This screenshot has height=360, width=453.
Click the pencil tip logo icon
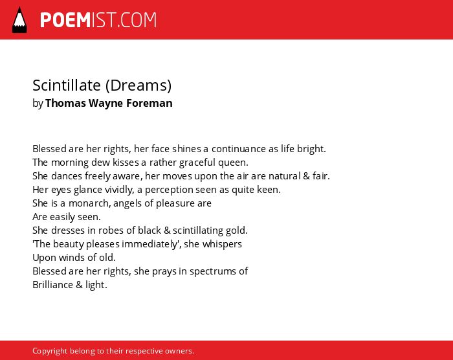coord(19,20)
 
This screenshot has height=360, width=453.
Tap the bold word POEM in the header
coord(65,20)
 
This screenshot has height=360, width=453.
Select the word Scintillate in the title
coord(67,85)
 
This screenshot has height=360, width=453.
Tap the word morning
coord(70,163)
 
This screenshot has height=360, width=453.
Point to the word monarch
coord(89,203)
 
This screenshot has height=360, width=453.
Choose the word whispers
coord(222,244)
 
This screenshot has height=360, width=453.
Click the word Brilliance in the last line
coord(53,285)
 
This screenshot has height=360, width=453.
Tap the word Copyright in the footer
coord(50,351)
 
